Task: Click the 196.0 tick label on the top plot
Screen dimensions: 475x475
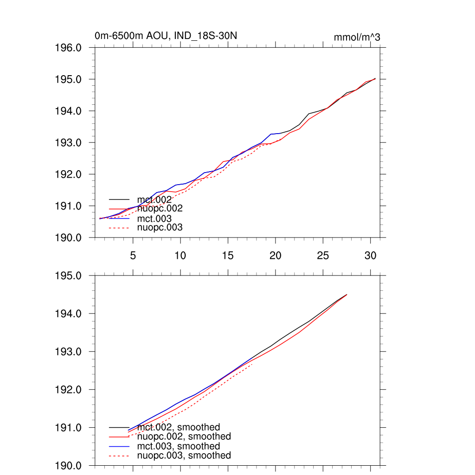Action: (x=69, y=48)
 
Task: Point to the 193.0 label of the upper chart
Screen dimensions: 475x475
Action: (x=69, y=143)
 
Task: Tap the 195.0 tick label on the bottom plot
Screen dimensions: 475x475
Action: (x=69, y=276)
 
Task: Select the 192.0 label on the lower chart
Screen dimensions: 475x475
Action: (x=69, y=390)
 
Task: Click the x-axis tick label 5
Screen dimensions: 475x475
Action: (x=133, y=256)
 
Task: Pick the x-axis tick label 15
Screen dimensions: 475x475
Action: (x=228, y=256)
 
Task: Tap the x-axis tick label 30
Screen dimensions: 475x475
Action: (x=370, y=256)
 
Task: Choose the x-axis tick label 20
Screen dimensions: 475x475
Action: (x=276, y=256)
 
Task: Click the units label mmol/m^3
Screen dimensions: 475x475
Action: (x=357, y=38)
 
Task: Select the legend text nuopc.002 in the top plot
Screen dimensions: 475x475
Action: (x=160, y=209)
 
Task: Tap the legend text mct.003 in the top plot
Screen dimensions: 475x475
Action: (x=154, y=218)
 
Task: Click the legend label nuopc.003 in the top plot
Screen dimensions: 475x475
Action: (x=160, y=227)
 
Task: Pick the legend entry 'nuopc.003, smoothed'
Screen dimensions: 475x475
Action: (x=184, y=456)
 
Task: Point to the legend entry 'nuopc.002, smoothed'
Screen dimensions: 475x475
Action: (x=184, y=436)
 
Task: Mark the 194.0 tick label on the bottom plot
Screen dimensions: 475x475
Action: (x=69, y=314)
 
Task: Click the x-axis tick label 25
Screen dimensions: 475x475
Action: (x=323, y=256)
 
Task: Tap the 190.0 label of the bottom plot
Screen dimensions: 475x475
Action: (x=69, y=466)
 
